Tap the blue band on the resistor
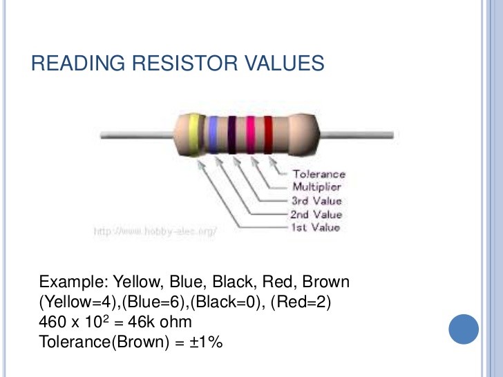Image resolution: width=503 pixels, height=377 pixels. click(213, 135)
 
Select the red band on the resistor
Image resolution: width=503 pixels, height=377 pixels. click(268, 135)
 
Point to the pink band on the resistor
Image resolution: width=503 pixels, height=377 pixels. click(250, 135)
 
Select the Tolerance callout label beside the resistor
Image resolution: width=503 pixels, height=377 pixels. click(319, 175)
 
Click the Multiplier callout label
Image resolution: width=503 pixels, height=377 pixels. click(316, 187)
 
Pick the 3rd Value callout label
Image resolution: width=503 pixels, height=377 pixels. click(316, 201)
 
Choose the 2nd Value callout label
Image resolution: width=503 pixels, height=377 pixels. click(316, 214)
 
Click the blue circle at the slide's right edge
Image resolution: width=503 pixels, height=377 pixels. click(464, 329)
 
